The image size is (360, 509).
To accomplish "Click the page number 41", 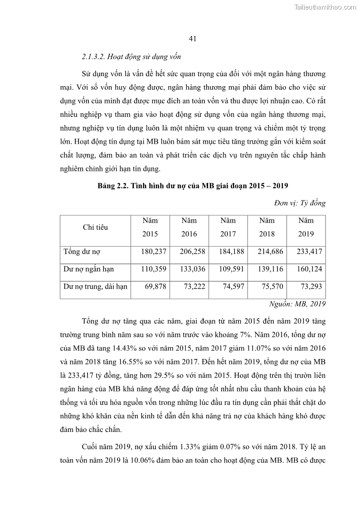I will (192, 39).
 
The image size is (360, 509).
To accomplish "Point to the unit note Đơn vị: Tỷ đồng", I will (300, 203).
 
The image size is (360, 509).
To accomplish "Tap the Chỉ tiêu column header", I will (95, 228).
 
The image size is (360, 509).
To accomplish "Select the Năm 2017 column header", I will (228, 228).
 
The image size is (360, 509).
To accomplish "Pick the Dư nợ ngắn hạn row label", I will (88, 269).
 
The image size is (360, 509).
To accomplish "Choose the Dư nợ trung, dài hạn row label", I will (95, 286).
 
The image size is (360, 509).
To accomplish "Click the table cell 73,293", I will (311, 286).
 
